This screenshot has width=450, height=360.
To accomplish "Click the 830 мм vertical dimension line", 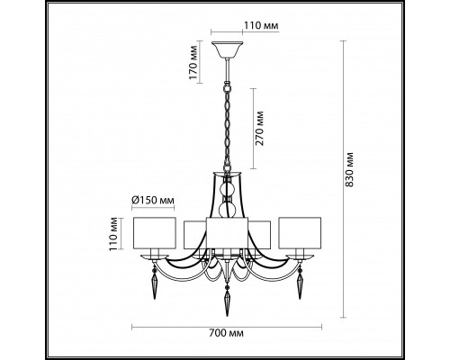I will (x=345, y=180).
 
